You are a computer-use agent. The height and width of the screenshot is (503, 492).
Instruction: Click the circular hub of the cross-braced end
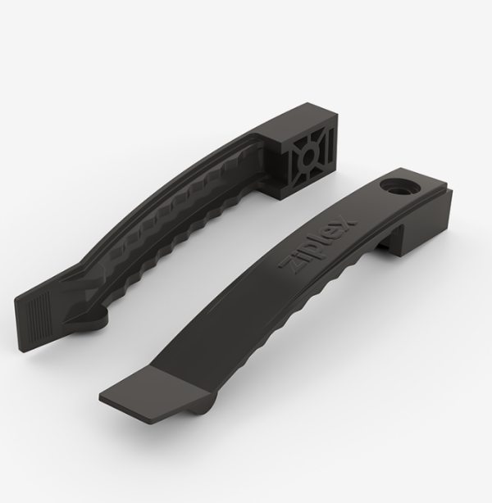click(x=308, y=156)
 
